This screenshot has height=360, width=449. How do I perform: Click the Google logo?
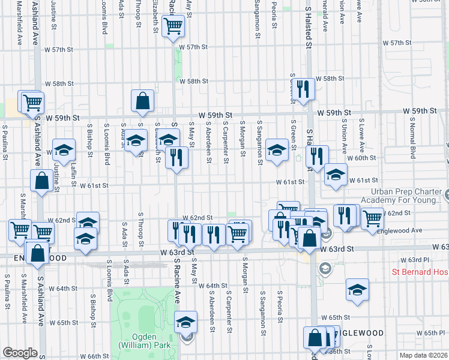pyautogui.click(x=20, y=353)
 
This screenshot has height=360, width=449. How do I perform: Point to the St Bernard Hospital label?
pyautogui.click(x=420, y=272)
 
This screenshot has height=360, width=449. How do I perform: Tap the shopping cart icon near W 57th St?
pyautogui.click(x=173, y=26)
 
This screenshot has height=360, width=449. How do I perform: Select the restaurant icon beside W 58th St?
pyautogui.click(x=303, y=89)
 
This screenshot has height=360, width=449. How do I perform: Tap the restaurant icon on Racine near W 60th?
pyautogui.click(x=176, y=157)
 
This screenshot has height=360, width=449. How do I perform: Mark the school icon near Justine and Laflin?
pyautogui.click(x=64, y=150)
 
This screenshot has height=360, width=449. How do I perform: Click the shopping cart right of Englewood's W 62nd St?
pyautogui.click(x=372, y=218)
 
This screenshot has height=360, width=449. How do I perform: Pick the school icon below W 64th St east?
pyautogui.click(x=357, y=289)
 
